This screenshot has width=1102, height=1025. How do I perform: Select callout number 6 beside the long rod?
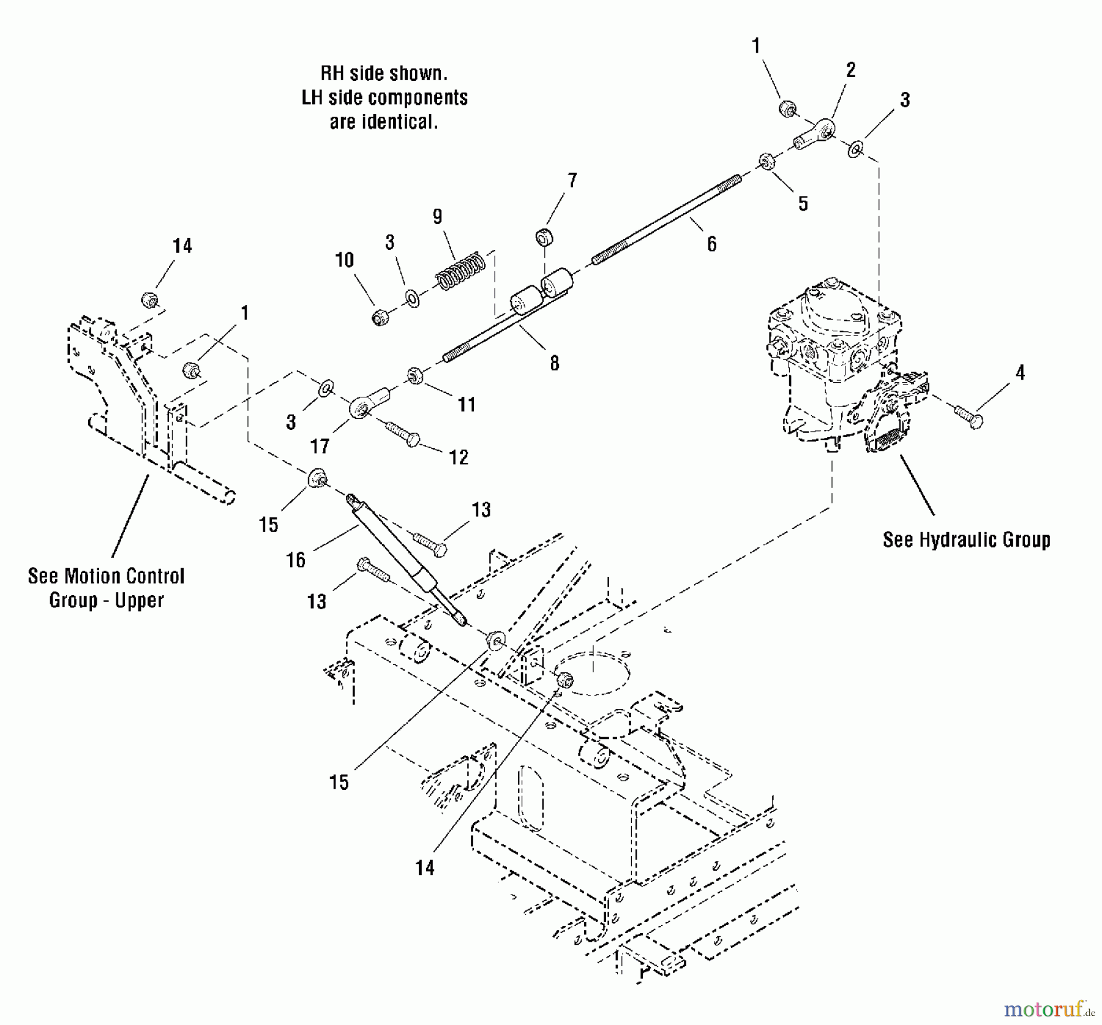[711, 244]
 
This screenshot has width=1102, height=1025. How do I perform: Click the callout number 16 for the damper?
[296, 560]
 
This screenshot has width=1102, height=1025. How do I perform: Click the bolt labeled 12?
[402, 434]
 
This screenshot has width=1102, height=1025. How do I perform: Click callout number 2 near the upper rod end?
[850, 70]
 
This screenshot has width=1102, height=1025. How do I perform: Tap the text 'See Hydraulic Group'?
[966, 539]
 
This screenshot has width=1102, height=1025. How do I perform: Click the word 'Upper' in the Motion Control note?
[140, 600]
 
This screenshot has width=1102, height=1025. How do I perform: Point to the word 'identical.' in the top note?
[384, 122]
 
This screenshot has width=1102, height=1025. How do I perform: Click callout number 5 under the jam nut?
[803, 203]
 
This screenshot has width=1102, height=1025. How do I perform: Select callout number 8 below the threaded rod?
[554, 363]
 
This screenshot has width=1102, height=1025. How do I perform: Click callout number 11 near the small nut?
[467, 404]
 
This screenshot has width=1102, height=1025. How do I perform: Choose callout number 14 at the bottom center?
[424, 868]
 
